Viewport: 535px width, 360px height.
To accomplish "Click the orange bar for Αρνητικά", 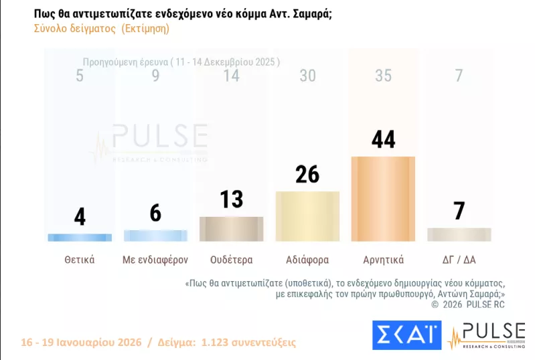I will pyautogui.click(x=383, y=199).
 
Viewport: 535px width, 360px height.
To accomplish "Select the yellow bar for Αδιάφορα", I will pyautogui.click(x=307, y=216).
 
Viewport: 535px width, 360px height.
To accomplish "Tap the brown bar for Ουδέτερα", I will pyautogui.click(x=231, y=229).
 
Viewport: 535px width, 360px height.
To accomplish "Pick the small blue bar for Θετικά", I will pyautogui.click(x=80, y=237).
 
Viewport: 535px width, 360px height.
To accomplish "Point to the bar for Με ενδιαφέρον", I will pyautogui.click(x=155, y=236).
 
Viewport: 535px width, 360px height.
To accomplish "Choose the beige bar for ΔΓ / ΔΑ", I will pyautogui.click(x=459, y=234).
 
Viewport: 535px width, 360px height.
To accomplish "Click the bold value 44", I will pyautogui.click(x=383, y=140).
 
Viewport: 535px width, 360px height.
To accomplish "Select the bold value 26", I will pyautogui.click(x=307, y=175).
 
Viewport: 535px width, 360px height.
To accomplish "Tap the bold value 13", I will pyautogui.click(x=231, y=200).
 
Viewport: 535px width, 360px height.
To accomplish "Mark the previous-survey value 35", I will pyautogui.click(x=383, y=76).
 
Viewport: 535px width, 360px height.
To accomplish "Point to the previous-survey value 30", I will pyautogui.click(x=307, y=76).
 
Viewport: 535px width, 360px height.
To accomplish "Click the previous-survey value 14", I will pyautogui.click(x=231, y=76).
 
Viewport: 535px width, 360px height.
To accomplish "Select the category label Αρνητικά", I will pyautogui.click(x=383, y=259).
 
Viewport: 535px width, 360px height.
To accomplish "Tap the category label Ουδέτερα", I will pyautogui.click(x=231, y=259).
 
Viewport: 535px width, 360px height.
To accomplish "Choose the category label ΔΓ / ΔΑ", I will pyautogui.click(x=459, y=259).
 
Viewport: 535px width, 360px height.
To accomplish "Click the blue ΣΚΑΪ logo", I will pyautogui.click(x=406, y=335).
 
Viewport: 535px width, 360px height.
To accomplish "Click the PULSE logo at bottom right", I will pyautogui.click(x=487, y=335).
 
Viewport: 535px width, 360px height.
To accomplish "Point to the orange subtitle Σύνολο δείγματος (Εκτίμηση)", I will pyautogui.click(x=101, y=29).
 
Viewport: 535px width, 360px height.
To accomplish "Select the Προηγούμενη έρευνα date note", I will pyautogui.click(x=181, y=62).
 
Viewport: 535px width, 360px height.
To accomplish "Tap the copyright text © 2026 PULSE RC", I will pyautogui.click(x=468, y=304).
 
